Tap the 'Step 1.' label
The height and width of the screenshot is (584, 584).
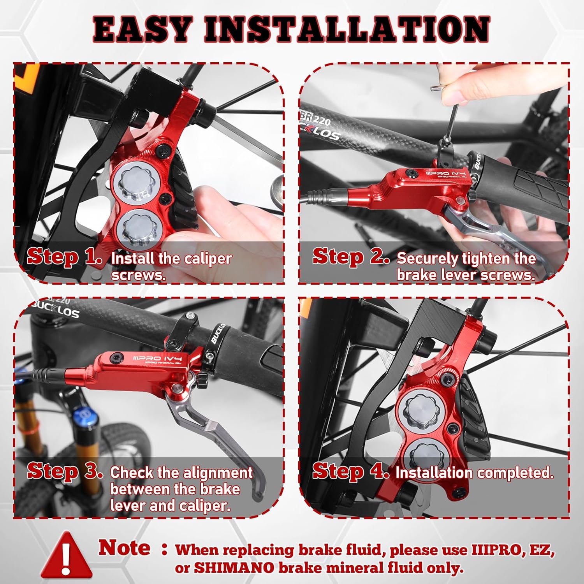pos(65,257)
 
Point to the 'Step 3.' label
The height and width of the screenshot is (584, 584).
pos(65,471)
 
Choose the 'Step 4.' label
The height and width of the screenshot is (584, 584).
pos(351,471)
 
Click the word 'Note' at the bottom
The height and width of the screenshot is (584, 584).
pos(124,548)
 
